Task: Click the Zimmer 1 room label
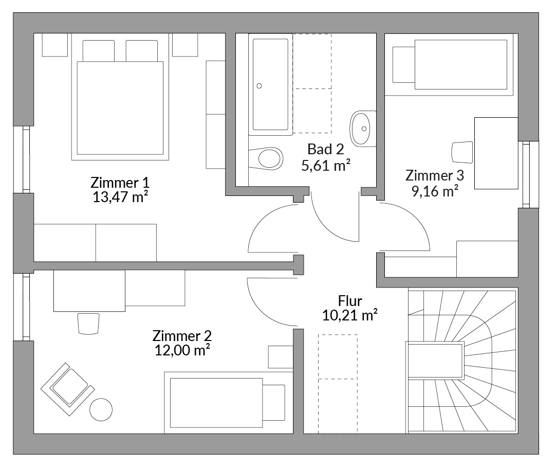120,183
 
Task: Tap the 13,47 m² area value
120,197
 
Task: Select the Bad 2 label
326,149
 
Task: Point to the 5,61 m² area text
326,165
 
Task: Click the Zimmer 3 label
435,176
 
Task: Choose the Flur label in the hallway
350,301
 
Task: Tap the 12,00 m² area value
182,350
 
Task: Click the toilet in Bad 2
266,158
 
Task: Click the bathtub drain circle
259,86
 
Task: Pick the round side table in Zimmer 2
101,409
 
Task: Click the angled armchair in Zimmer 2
68,389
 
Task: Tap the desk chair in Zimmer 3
462,152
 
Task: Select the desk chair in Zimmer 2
88,323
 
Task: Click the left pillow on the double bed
98,51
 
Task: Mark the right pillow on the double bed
142,51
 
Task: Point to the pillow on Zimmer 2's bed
273,402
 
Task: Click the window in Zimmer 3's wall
526,174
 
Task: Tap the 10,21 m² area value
350,315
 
